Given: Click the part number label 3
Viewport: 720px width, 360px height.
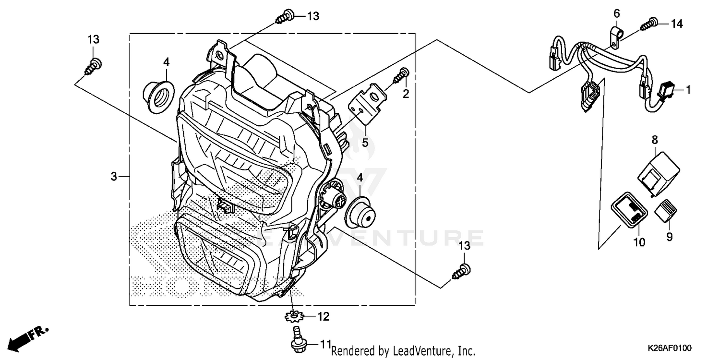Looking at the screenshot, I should click(x=114, y=177).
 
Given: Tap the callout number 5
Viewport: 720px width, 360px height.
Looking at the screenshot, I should click(x=365, y=142).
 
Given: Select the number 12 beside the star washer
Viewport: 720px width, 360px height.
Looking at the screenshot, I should click(x=323, y=317).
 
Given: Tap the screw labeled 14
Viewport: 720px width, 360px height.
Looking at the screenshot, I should click(x=652, y=22).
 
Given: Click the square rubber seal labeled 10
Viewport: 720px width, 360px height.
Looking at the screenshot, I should click(x=629, y=212).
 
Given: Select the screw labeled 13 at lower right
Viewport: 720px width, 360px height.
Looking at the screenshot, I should click(x=462, y=271).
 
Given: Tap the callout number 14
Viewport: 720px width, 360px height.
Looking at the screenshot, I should click(x=676, y=24).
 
